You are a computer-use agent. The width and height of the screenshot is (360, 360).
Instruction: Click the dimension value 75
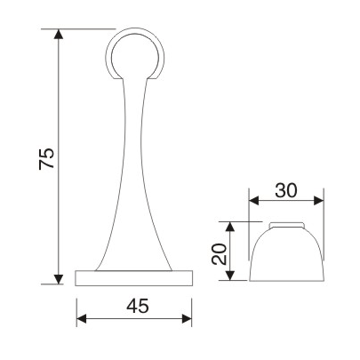click(x=48, y=158)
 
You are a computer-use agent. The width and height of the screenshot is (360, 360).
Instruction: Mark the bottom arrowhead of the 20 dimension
click(x=232, y=277)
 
